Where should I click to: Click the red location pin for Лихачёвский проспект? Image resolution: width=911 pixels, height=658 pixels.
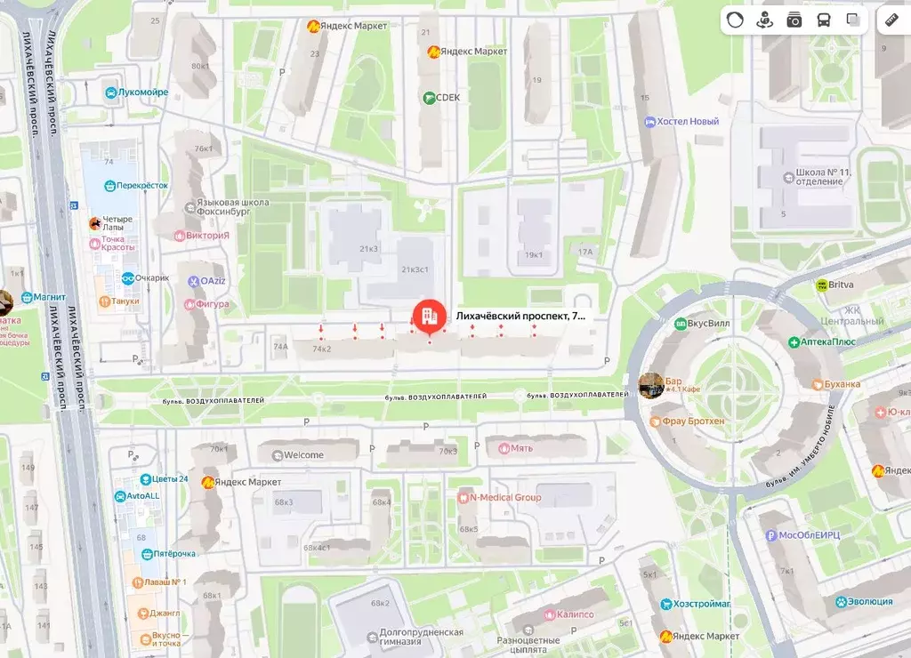point(429,315)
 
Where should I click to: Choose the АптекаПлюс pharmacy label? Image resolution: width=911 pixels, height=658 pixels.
point(822,342)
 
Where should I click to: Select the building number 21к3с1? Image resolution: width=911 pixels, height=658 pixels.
point(415,269)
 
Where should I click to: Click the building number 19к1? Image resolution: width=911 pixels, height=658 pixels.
point(534,256)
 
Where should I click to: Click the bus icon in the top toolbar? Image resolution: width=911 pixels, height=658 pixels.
point(824,20)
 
